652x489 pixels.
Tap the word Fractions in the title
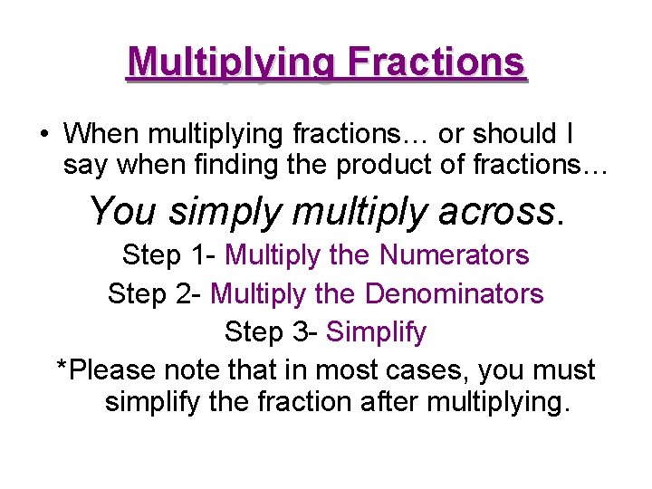pos(436,62)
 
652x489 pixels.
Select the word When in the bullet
pos(102,133)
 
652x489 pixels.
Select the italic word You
pos(124,212)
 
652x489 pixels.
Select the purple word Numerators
pos(454,255)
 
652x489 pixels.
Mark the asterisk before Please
pos(62,368)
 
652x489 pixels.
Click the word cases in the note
pos(425,371)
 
